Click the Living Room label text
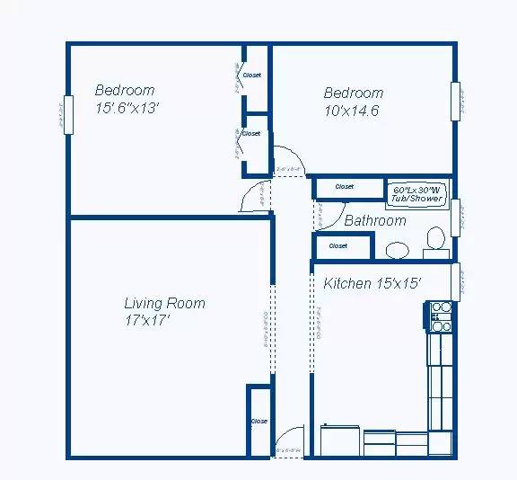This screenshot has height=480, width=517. [164, 303]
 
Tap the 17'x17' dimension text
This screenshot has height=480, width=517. [148, 319]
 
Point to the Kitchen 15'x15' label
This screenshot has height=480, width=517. [372, 283]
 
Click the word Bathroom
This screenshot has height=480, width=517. [375, 220]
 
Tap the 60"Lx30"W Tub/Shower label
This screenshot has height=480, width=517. [417, 193]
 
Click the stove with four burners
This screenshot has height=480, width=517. [440, 312]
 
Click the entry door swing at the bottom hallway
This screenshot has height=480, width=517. [288, 441]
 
